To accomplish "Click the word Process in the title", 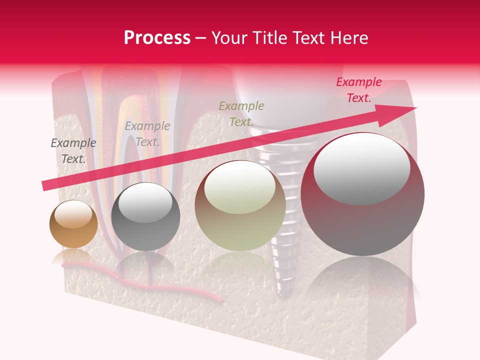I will [x=157, y=38].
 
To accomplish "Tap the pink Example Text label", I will [x=358, y=90].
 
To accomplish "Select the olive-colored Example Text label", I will [x=241, y=114].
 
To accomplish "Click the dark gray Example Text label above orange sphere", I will [x=73, y=151].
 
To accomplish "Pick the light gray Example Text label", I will [x=147, y=134].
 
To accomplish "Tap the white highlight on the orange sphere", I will [x=73, y=214].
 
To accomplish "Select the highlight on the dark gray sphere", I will [x=145, y=205].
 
